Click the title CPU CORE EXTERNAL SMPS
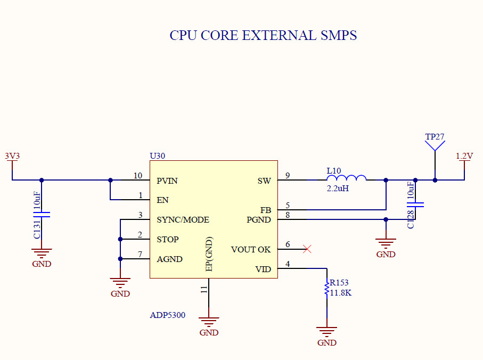(263, 36)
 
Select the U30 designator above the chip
(157, 156)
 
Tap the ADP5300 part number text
(167, 315)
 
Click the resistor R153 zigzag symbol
(326, 290)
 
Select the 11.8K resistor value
(341, 293)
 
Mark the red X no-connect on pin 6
(307, 249)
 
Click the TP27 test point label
(435, 136)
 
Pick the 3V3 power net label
(12, 156)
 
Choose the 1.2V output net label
(464, 156)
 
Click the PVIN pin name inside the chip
(167, 181)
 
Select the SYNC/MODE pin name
(183, 219)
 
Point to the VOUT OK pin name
(250, 249)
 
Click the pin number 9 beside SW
(288, 176)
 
